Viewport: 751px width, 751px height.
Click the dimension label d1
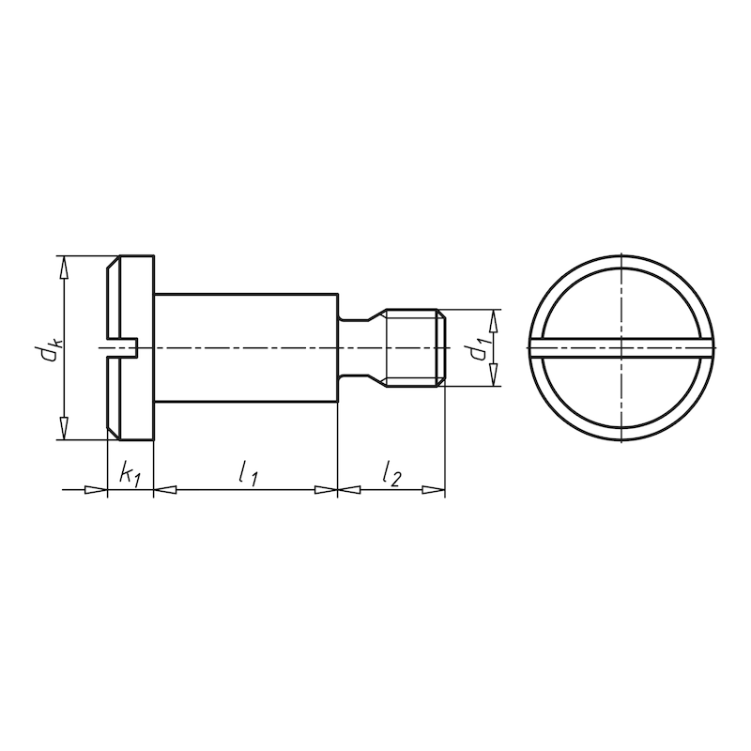click(480, 348)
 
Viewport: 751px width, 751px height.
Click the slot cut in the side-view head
click(124, 348)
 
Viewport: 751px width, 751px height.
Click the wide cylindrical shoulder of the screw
click(244, 348)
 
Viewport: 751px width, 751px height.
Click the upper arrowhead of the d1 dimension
click(492, 319)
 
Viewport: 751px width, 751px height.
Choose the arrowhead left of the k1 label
click(97, 489)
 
